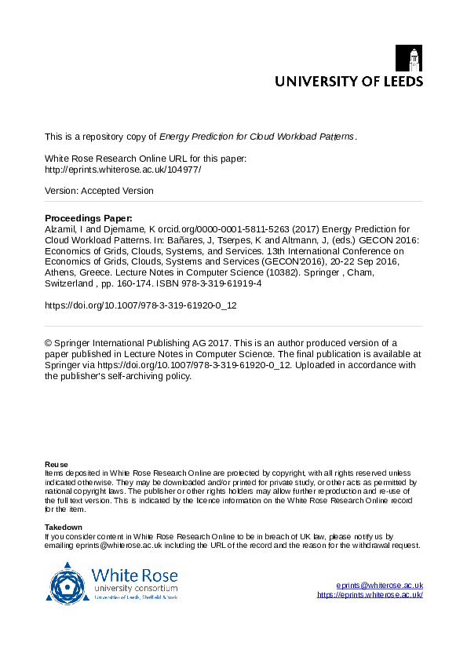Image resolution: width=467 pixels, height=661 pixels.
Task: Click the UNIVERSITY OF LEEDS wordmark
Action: (x=348, y=81)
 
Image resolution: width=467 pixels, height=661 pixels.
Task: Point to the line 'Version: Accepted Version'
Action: (x=99, y=191)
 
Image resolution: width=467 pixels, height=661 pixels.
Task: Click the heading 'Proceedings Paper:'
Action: (x=89, y=217)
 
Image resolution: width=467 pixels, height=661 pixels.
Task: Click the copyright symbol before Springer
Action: (x=49, y=343)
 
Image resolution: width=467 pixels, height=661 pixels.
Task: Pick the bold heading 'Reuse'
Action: (x=56, y=465)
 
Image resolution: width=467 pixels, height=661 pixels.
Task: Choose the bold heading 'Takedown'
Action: (x=64, y=527)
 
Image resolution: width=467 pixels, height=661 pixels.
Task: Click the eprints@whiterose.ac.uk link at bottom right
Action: (x=379, y=586)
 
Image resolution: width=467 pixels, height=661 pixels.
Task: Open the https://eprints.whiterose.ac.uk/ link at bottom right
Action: (x=370, y=595)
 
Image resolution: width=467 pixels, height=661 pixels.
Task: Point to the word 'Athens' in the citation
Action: (x=58, y=273)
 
